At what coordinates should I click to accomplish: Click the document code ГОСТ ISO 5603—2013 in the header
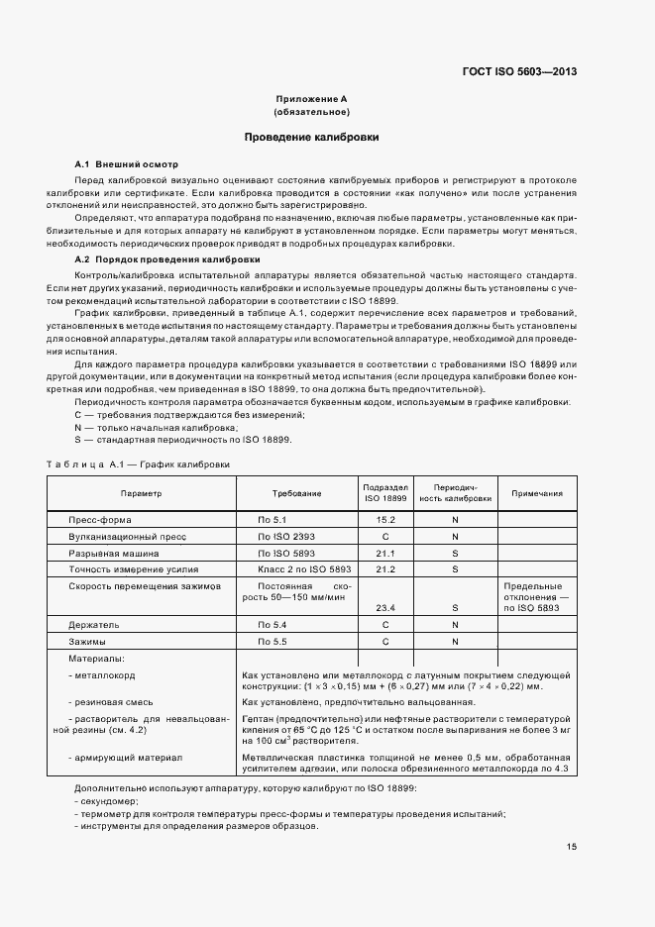519,70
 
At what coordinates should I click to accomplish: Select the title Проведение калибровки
312,137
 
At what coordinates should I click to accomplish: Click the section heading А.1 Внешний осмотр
127,163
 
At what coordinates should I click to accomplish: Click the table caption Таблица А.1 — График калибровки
138,463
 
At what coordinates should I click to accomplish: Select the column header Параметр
141,492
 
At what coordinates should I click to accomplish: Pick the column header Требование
296,492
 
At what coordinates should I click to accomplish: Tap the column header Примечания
537,492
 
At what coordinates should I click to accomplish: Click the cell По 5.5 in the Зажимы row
272,642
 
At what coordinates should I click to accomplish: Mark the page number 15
572,846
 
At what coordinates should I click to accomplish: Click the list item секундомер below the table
109,800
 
